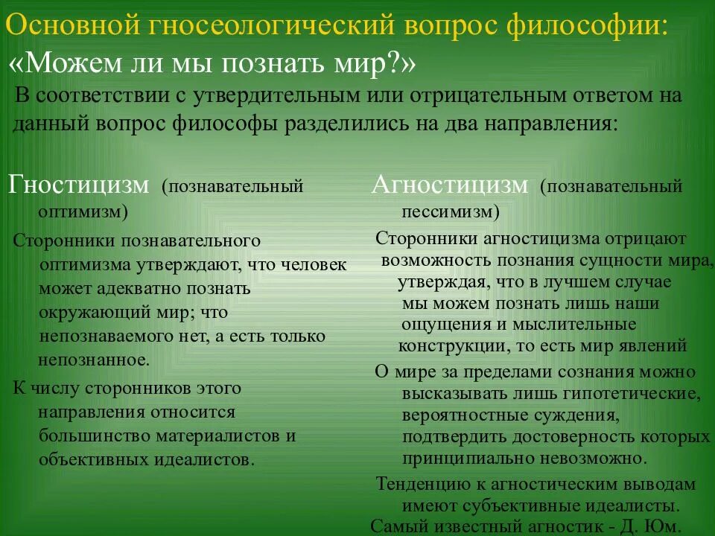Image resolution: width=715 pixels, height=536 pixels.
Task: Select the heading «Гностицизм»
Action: click(78, 185)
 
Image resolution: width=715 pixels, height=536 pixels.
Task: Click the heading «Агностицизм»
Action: click(450, 184)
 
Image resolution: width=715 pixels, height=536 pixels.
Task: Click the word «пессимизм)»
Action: click(450, 211)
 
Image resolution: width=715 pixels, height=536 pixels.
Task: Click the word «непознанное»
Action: click(92, 360)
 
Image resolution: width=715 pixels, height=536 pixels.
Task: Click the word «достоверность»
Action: click(559, 436)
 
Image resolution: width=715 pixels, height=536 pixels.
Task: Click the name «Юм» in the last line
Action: click(662, 527)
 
